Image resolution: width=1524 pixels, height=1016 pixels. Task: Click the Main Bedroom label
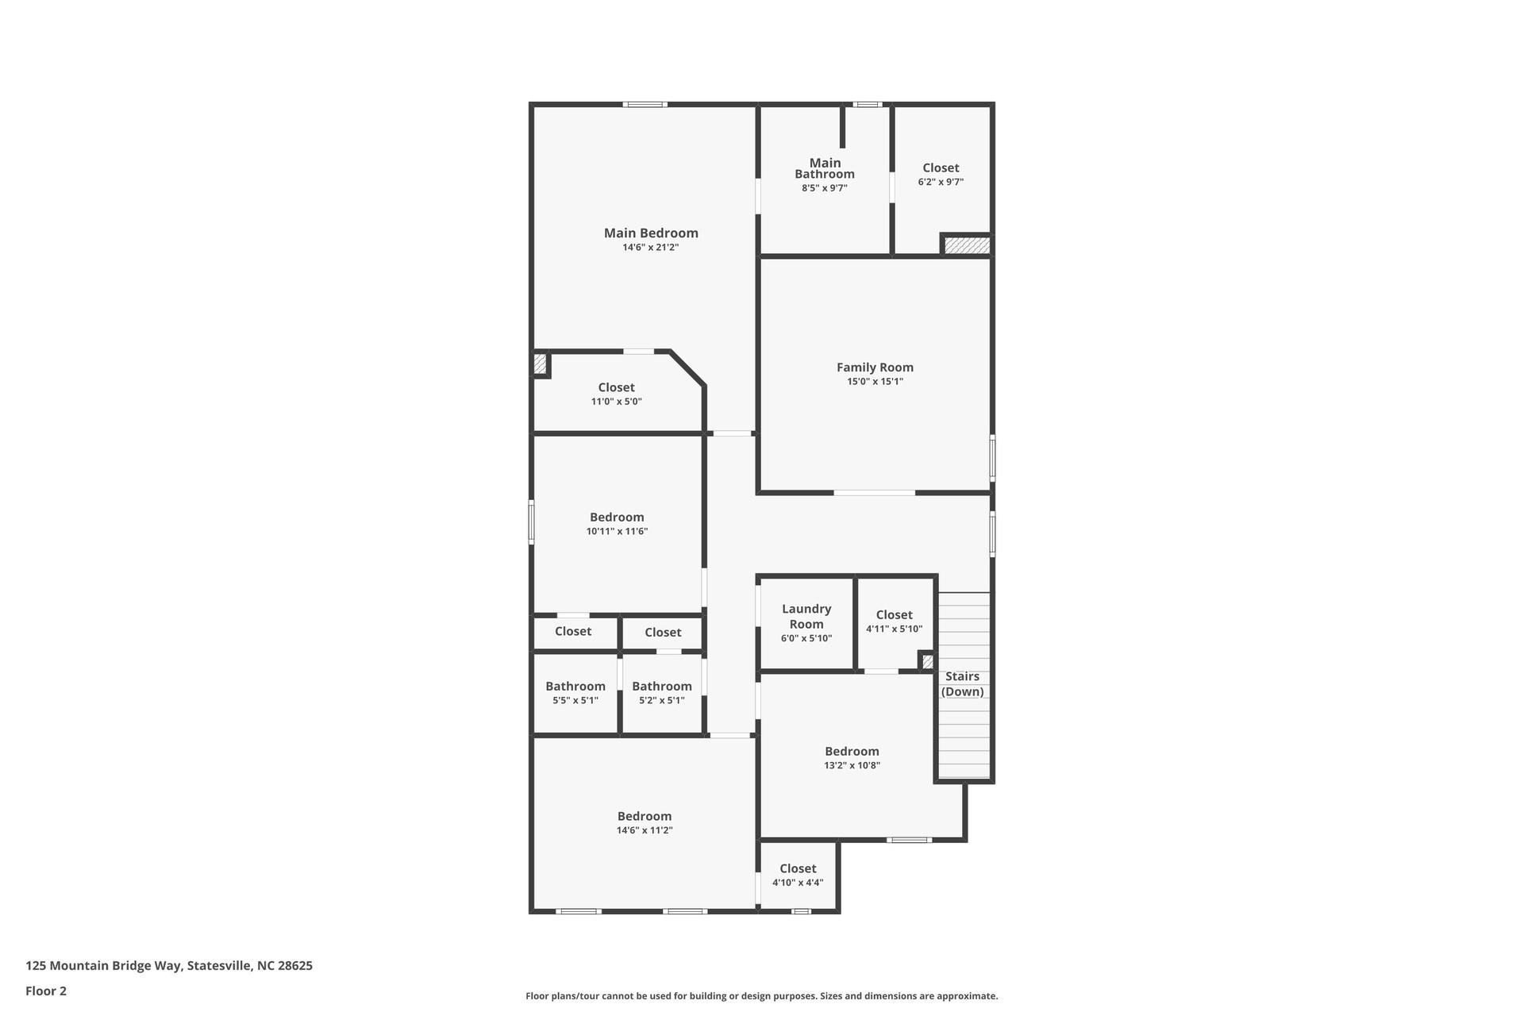(651, 233)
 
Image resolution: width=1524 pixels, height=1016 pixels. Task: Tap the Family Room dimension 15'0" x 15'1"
(875, 381)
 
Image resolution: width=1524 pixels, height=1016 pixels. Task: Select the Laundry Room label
(806, 616)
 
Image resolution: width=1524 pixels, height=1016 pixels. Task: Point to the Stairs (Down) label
(962, 683)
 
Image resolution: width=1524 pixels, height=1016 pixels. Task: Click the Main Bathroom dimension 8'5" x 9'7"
(824, 188)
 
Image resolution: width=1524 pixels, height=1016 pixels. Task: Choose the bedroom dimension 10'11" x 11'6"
(617, 531)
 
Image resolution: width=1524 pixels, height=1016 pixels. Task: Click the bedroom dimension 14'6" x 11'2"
(644, 830)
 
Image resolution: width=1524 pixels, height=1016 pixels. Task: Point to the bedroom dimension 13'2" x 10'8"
(852, 765)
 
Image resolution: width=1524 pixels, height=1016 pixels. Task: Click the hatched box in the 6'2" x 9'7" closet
(966, 245)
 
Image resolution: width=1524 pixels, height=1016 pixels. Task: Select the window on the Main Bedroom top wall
(644, 105)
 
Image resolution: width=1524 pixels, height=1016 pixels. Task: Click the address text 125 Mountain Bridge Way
(168, 966)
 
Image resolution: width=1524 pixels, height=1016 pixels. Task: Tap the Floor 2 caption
(46, 991)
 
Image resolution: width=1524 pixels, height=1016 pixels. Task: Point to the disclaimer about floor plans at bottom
(761, 995)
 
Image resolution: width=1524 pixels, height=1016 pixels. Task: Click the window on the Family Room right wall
(992, 457)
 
